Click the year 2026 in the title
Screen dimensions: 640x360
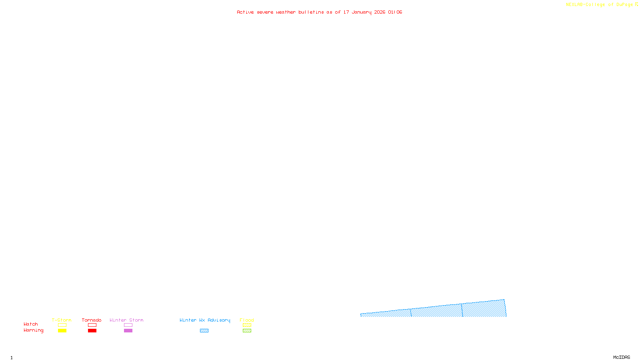[380, 12]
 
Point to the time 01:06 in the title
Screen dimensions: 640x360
[395, 12]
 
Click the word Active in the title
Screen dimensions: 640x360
[245, 12]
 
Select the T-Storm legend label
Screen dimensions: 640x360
[62, 320]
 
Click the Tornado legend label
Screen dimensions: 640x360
[92, 320]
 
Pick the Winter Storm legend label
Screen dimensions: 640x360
[126, 320]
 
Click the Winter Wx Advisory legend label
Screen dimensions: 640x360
[205, 320]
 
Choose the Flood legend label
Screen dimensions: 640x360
[247, 320]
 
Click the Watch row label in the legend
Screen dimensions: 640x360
[31, 324]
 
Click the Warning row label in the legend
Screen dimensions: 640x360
[33, 330]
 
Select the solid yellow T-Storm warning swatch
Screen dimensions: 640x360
[62, 331]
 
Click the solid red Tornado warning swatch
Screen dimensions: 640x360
[92, 331]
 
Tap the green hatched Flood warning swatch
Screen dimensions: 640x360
[247, 331]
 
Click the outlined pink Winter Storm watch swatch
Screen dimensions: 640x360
[128, 325]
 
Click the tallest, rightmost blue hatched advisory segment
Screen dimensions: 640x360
[484, 309]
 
